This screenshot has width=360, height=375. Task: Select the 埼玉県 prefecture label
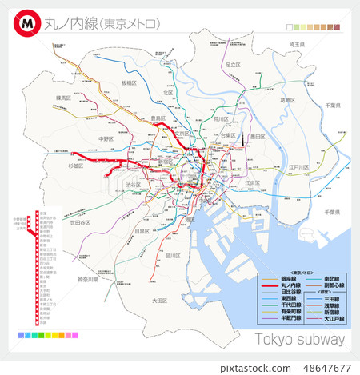tap(298, 45)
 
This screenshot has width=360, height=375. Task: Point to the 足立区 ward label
tap(233, 65)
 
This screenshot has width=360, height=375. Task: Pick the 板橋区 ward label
tap(130, 82)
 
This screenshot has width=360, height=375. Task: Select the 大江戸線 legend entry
tap(334, 318)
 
